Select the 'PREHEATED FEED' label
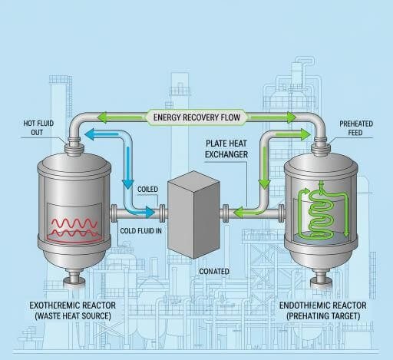click(x=354, y=126)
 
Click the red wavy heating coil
click(x=73, y=227)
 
